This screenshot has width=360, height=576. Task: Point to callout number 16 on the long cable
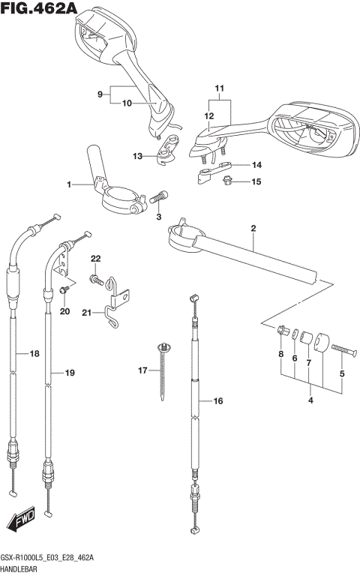[218, 401]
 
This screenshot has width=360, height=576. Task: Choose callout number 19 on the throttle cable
[70, 373]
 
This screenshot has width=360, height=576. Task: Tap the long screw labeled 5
[337, 349]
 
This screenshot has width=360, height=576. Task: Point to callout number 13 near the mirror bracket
[137, 156]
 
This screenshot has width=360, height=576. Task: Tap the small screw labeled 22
[95, 279]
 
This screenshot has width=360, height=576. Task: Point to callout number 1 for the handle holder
[69, 184]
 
